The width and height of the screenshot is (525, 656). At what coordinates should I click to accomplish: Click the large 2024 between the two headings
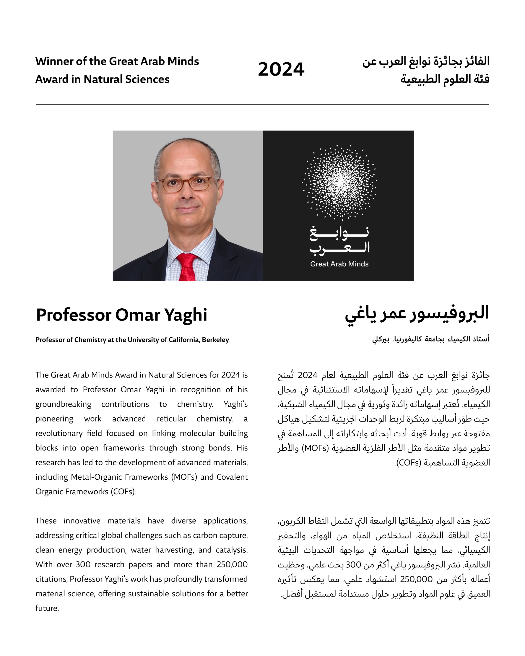click(x=281, y=69)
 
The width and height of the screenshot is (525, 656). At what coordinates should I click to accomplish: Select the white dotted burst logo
click(x=339, y=182)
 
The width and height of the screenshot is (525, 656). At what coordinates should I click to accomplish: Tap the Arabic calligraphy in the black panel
click(x=339, y=240)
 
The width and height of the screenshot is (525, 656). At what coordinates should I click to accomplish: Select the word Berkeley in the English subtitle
click(x=215, y=340)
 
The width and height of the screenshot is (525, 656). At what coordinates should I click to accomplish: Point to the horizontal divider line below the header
click(x=262, y=105)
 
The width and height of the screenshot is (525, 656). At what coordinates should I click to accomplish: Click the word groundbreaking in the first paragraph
click(x=63, y=404)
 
